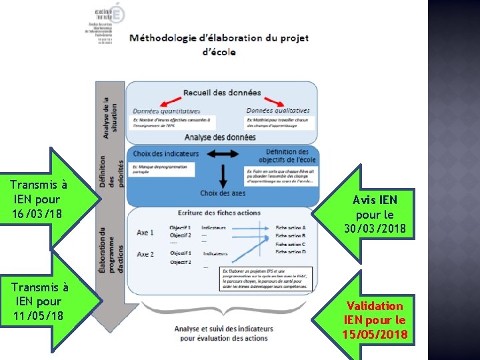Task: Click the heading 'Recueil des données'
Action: tap(222, 93)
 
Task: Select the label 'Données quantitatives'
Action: tap(166, 111)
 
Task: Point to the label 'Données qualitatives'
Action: tap(278, 111)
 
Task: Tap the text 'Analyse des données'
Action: tap(220, 137)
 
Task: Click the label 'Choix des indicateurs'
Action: tap(165, 154)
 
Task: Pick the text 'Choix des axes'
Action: tap(223, 193)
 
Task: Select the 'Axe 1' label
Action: tap(145, 233)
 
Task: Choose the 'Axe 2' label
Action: tap(145, 255)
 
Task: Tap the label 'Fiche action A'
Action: tap(291, 228)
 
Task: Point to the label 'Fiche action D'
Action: tap(291, 252)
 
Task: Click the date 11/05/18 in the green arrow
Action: tap(39, 315)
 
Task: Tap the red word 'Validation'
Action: tap(374, 306)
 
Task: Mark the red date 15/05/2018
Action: tap(374, 334)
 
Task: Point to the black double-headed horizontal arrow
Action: tap(223, 154)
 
